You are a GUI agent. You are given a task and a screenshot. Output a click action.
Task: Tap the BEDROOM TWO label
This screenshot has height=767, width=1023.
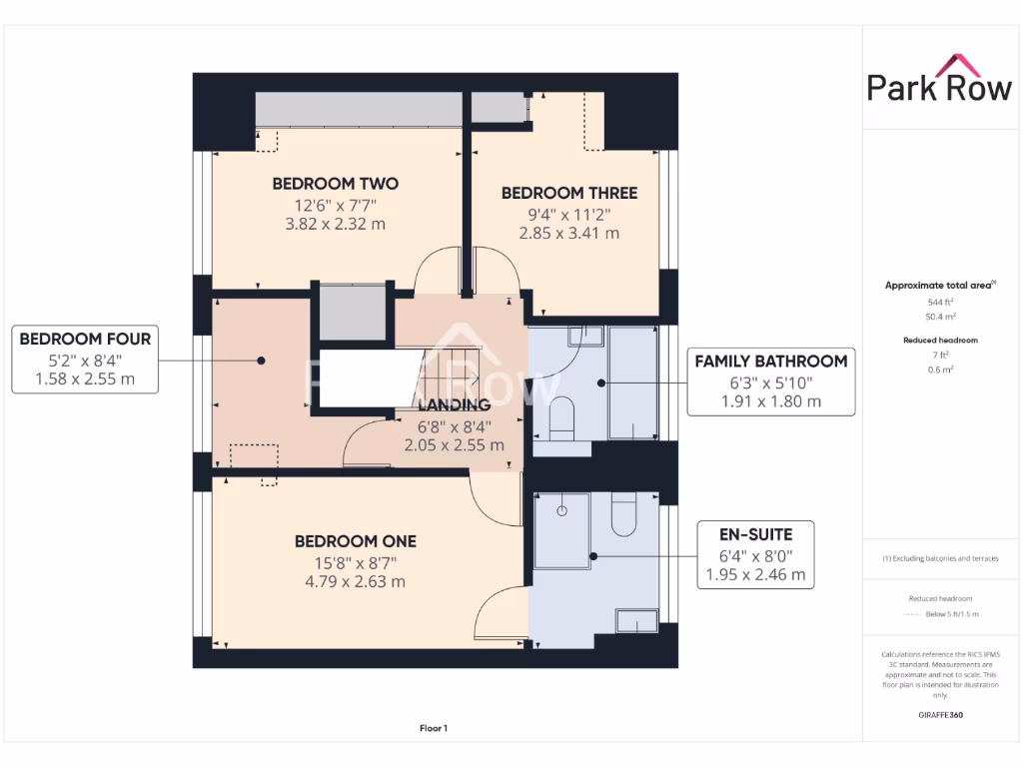335,184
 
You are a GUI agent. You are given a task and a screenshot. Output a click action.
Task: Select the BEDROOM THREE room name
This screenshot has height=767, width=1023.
568,193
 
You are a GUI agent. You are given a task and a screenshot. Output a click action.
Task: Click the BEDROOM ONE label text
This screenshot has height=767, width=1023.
355,541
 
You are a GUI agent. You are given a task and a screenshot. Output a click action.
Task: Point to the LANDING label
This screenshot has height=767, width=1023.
454,405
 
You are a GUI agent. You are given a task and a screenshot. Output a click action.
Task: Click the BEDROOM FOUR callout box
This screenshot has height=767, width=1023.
85,359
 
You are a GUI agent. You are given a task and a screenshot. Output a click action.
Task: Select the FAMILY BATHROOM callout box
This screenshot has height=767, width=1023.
770,381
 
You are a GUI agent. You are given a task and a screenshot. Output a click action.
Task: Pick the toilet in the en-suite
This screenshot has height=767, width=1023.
625,514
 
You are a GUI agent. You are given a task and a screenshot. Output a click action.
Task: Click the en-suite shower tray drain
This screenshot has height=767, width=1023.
561,510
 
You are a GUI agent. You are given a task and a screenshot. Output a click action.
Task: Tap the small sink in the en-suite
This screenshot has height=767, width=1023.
635,621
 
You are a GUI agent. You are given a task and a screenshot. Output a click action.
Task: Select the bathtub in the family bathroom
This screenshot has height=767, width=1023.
632,383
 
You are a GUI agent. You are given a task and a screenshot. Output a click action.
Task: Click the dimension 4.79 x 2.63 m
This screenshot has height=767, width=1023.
355,581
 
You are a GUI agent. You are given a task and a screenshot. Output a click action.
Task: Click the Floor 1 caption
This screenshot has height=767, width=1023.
433,729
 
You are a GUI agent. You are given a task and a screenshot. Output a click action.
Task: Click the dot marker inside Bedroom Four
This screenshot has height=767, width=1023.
260,361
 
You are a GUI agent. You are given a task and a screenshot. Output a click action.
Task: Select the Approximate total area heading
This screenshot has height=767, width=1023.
938,286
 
